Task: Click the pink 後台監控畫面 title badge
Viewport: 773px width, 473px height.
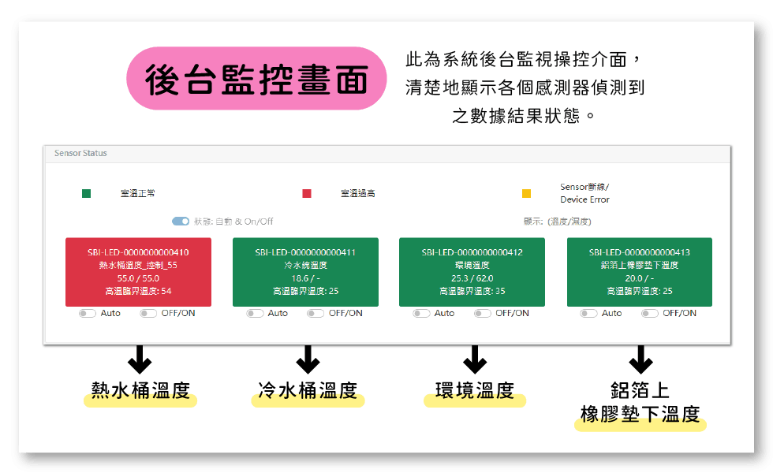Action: coord(256,78)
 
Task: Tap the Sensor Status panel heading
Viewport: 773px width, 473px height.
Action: coord(80,153)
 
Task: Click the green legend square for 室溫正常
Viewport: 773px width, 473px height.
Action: coord(86,193)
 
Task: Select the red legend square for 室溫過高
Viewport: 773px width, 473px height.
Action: coord(307,193)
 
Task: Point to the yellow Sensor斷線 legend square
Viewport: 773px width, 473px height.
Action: coord(527,193)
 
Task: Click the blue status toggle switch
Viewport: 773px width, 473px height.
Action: coord(181,222)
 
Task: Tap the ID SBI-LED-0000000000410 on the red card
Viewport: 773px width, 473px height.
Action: coord(138,252)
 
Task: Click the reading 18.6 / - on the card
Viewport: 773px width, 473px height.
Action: coord(306,278)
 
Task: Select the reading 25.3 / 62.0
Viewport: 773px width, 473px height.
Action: coord(472,278)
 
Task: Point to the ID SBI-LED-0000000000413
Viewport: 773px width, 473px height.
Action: coord(640,252)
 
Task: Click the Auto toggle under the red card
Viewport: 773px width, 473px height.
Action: coord(88,314)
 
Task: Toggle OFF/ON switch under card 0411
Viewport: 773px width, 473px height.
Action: coord(316,314)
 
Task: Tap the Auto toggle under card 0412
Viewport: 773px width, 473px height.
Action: coord(421,314)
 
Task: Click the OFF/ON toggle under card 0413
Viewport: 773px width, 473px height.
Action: coord(650,314)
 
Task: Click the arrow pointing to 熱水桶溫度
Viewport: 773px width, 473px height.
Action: coord(140,359)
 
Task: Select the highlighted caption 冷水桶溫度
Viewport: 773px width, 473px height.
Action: coord(308,391)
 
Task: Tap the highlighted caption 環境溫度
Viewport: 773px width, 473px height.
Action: coord(475,391)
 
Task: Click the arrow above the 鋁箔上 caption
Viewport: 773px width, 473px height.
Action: coord(640,359)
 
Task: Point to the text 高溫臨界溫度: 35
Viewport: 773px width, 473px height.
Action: coord(472,291)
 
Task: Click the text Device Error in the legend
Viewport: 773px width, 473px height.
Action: coord(584,199)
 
